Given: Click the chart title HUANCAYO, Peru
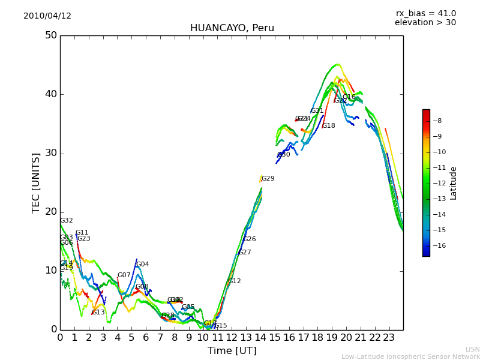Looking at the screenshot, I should [232, 28].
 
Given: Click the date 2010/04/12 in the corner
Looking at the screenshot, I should [47, 16].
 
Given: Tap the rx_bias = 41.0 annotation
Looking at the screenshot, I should [425, 14].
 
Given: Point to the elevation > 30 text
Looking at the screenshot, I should [425, 23].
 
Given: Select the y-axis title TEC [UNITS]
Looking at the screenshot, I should [37, 182].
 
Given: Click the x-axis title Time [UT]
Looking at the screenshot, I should [232, 351].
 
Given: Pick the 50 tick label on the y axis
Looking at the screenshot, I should [50, 35].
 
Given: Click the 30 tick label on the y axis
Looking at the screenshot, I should [50, 153].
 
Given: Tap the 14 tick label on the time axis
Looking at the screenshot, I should [260, 338].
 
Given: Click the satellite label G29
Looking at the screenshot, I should [268, 179].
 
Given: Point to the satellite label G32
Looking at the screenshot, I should [66, 221].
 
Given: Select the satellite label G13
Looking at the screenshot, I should [98, 313].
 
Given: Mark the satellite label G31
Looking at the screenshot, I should [317, 111].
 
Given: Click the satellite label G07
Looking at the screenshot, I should [124, 275].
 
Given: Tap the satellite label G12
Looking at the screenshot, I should [234, 281].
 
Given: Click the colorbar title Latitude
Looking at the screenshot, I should [454, 183].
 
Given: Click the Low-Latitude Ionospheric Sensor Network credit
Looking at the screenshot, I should [410, 356].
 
